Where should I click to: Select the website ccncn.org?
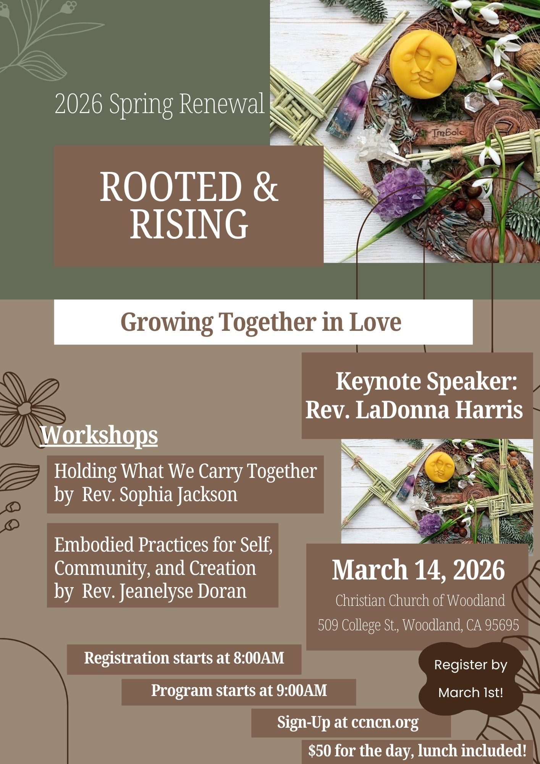tap(385, 723)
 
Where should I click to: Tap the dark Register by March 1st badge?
tap(470, 678)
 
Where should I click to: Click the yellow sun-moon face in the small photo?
tap(440, 467)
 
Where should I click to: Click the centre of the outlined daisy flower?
tap(24, 409)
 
